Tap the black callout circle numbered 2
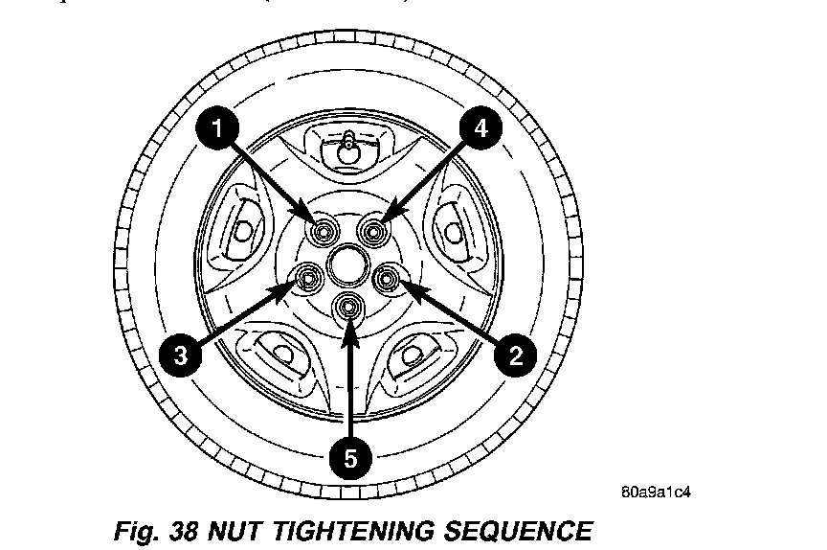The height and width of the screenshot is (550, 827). pos(516,355)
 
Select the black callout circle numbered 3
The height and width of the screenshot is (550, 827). pos(179,355)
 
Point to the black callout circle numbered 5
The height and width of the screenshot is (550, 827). pos(351,458)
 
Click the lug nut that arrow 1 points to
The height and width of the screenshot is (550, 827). pos(324,230)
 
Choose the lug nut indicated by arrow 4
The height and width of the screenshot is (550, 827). pos(374,230)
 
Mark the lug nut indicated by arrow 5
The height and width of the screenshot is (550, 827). pos(349,307)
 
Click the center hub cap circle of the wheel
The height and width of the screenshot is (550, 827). pos(347,262)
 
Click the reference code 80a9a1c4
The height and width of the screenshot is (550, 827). pos(656,493)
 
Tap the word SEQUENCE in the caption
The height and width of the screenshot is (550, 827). pos(518,530)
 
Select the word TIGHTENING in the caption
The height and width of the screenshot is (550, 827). pos(353,530)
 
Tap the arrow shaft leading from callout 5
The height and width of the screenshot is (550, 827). pos(351,383)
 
